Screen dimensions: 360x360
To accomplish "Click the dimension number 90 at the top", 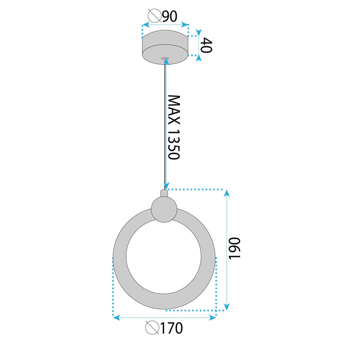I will click(169, 16).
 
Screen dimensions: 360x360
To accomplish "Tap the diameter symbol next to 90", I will click(154, 16).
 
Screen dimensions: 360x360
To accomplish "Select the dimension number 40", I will click(206, 45).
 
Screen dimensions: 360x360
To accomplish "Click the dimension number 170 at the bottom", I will click(171, 328).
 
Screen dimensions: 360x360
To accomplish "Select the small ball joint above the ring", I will click(164, 210).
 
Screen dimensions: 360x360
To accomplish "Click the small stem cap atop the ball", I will click(164, 193).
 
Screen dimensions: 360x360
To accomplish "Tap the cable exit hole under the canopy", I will click(165, 59).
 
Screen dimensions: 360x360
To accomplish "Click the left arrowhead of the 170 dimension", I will click(116, 318).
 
